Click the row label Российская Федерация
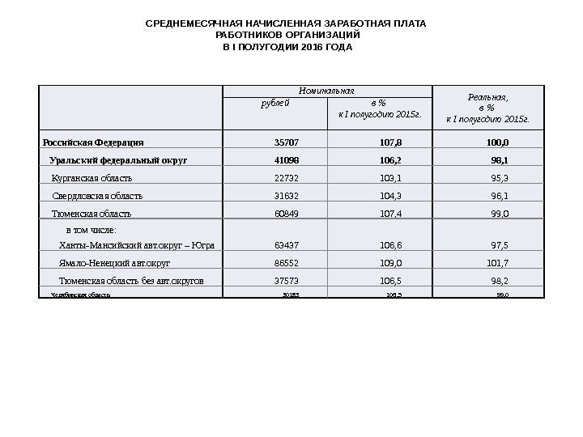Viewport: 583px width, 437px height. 93,142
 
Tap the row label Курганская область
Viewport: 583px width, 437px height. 91,178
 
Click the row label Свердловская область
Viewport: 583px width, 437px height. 97,196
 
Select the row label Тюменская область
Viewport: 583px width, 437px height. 91,214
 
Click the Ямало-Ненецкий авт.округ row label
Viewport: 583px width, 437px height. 115,263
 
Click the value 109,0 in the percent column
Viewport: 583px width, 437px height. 391,263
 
